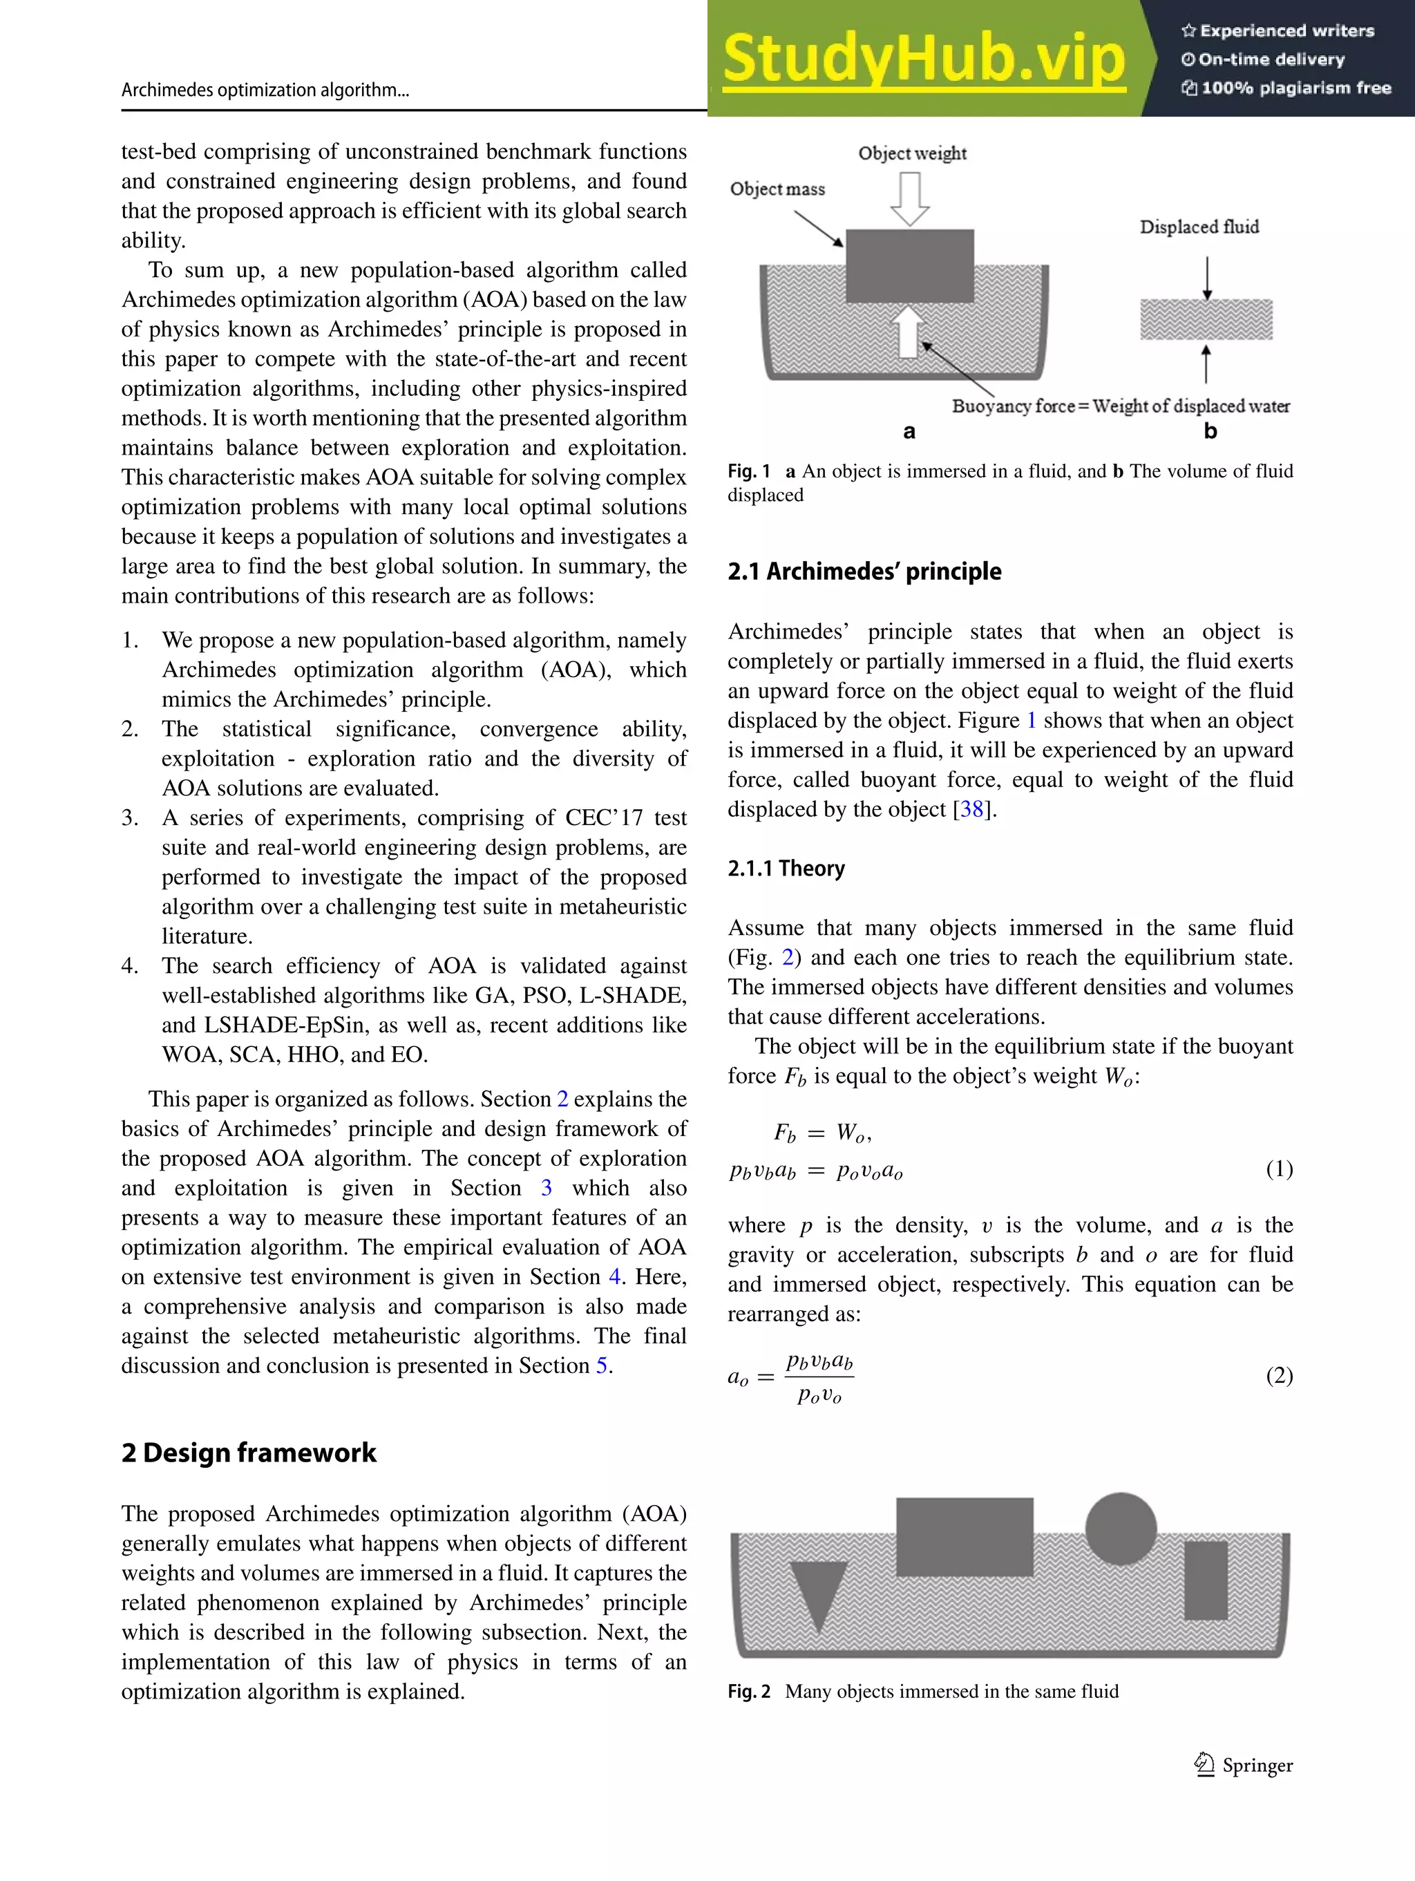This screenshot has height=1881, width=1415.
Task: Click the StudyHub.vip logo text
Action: click(924, 59)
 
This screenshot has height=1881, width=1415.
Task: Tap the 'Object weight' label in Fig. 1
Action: click(911, 153)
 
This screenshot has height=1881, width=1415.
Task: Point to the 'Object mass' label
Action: click(777, 189)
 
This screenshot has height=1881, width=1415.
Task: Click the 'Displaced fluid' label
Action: click(1199, 227)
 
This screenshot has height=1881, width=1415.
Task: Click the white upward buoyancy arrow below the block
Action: click(908, 332)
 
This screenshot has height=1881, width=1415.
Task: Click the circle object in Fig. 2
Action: click(1121, 1528)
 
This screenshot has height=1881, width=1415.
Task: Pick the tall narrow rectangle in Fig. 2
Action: click(1206, 1580)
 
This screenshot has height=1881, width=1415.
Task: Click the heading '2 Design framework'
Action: click(248, 1453)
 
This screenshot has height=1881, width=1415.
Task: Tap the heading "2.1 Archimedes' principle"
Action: click(864, 571)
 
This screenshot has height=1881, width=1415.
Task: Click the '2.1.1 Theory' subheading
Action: click(786, 868)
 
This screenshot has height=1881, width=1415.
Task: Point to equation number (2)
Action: click(1279, 1375)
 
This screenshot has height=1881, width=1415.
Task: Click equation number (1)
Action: click(1279, 1169)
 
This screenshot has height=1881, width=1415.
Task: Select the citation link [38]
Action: click(972, 809)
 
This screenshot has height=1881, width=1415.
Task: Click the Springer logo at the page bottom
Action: click(1243, 1766)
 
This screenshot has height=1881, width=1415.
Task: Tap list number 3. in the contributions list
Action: click(129, 818)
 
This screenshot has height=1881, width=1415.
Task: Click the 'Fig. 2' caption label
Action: click(748, 1692)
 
